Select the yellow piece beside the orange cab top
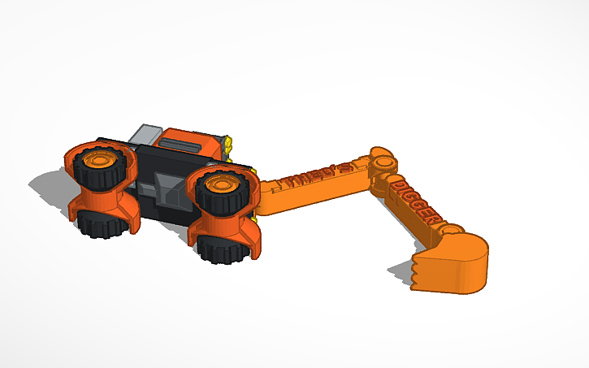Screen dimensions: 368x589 (x=230, y=146)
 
